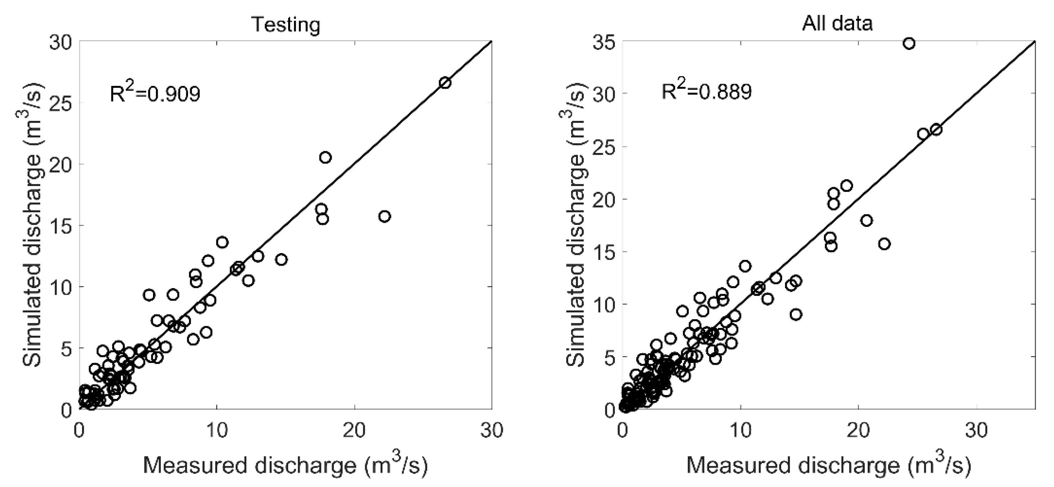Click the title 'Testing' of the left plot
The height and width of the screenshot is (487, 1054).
point(285,25)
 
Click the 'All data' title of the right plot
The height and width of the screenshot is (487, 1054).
point(837,23)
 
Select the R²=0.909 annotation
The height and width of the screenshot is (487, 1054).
point(155,94)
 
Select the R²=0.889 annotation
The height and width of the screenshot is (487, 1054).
point(707,91)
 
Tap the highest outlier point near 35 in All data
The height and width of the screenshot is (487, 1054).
point(909,43)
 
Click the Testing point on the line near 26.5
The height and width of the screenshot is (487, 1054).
point(445,83)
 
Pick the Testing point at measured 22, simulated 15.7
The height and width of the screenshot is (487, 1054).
point(384,216)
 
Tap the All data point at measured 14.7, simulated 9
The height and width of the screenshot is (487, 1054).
point(796,314)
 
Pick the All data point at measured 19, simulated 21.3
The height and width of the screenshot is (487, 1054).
point(846,186)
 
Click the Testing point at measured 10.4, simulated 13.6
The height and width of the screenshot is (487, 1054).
point(222,242)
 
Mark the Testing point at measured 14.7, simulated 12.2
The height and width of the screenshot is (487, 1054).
point(281,259)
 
